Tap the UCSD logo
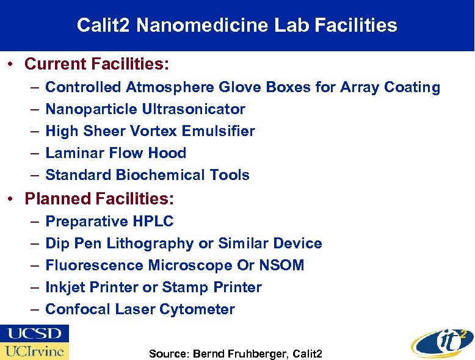[35, 334]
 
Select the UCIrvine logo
[35, 351]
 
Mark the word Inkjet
[65, 287]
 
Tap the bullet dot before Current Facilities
[12, 64]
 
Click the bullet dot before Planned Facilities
[12, 200]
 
